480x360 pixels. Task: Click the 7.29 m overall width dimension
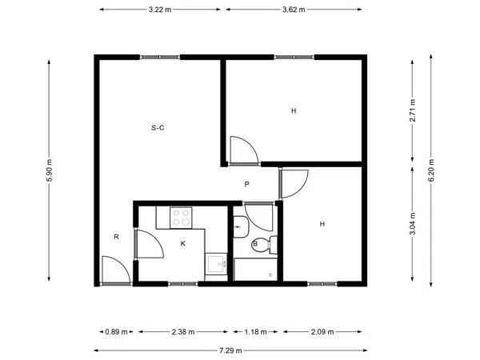click(x=230, y=350)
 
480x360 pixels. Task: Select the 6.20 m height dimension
click(x=431, y=170)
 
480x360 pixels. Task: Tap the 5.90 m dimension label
click(x=49, y=170)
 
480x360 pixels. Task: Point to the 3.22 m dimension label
click(x=160, y=10)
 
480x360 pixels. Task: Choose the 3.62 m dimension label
click(x=294, y=10)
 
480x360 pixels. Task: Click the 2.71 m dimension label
click(x=412, y=110)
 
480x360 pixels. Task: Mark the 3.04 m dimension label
click(x=412, y=224)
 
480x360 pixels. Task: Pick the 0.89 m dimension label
click(x=116, y=332)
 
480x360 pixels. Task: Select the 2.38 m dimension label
click(x=183, y=332)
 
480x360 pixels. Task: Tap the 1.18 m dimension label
click(x=255, y=332)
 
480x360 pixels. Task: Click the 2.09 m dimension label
click(x=322, y=332)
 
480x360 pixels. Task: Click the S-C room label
click(x=158, y=128)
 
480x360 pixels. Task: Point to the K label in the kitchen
click(x=183, y=244)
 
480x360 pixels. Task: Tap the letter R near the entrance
click(x=116, y=237)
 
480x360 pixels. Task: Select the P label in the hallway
click(x=246, y=184)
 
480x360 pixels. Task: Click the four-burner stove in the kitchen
click(x=182, y=218)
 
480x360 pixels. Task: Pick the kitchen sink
click(x=216, y=264)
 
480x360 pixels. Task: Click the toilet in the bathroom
click(x=265, y=245)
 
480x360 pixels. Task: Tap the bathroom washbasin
click(x=241, y=227)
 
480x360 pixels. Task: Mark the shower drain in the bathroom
click(x=270, y=275)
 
